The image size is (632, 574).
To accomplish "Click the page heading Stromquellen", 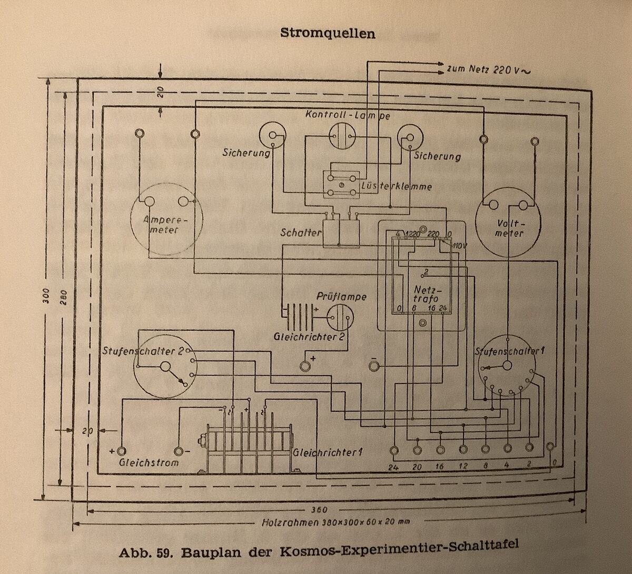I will pos(327,33).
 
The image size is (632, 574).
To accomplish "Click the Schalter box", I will pos(340,233).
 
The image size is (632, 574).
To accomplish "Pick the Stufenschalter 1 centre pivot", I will pos(508,366).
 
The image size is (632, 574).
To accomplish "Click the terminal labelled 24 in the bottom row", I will pos(394,450).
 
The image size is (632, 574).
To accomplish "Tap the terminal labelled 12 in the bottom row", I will pos(463,450).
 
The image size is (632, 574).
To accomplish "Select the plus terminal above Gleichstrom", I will pos(122,451).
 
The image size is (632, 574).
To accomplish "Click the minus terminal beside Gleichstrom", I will pos(179,451).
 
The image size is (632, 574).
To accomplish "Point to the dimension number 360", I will pos(319,510).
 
